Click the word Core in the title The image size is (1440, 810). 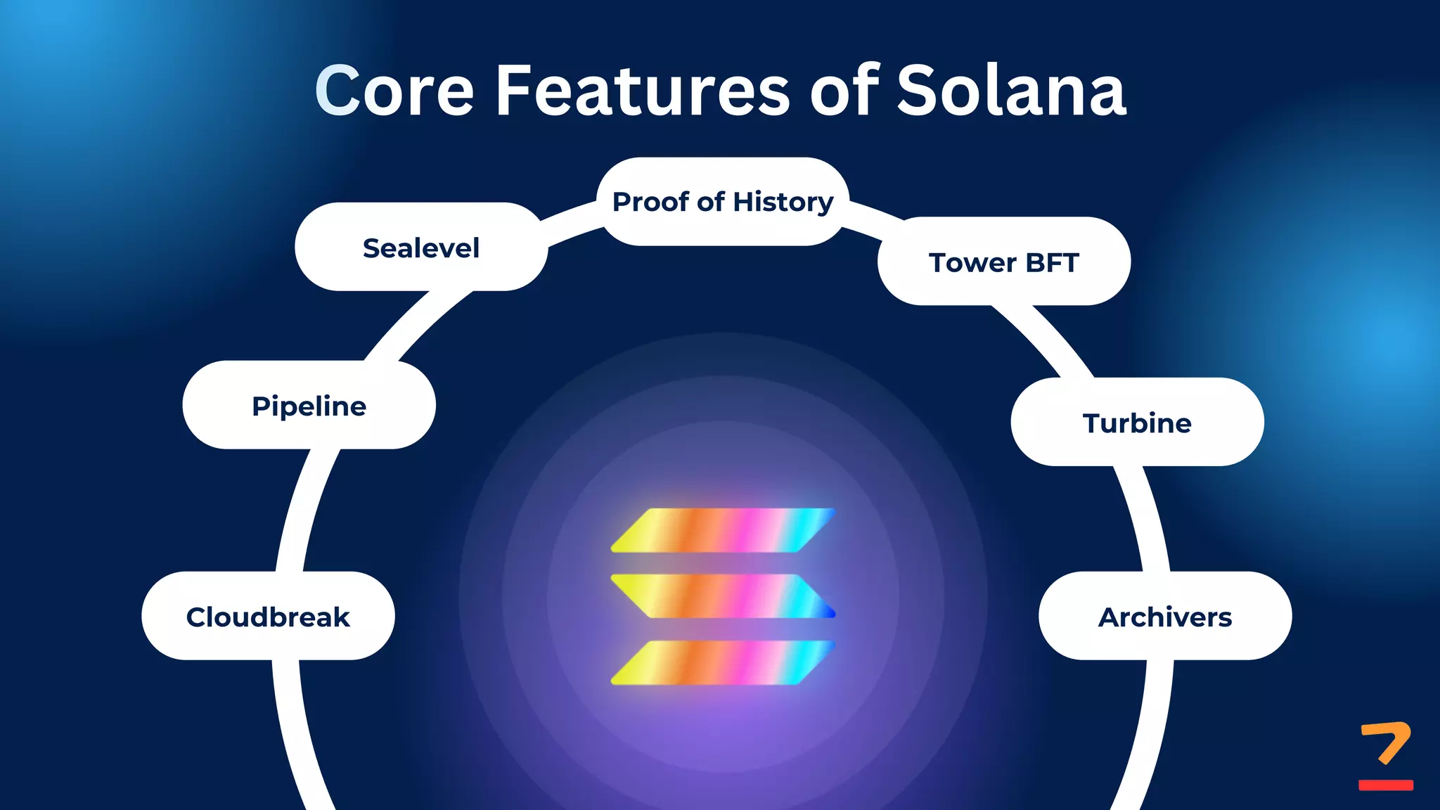point(394,91)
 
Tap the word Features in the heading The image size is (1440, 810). point(643,91)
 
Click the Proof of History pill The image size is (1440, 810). point(723,202)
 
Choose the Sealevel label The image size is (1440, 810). point(420,247)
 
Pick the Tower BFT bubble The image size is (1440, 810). point(1003,262)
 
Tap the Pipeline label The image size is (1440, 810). point(309,406)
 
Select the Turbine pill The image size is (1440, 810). point(1137,423)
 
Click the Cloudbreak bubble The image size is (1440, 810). point(267,617)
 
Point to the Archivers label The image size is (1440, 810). point(1165,617)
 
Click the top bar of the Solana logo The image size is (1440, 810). point(723,530)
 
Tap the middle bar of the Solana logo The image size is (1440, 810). point(723,596)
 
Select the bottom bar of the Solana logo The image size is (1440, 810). point(723,662)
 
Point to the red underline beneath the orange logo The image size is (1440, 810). point(1385,785)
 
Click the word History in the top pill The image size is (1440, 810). point(783,202)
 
